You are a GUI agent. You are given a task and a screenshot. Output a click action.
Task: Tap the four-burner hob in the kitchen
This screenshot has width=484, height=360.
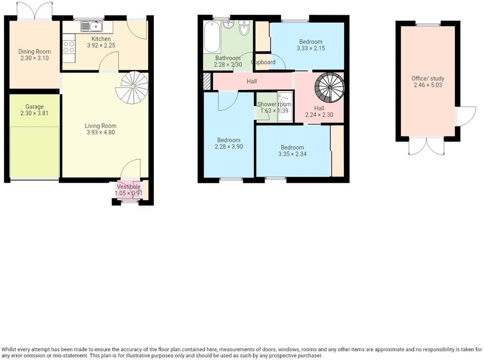[69, 47]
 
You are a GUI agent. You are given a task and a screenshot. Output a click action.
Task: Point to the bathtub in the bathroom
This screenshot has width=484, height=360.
[212, 37]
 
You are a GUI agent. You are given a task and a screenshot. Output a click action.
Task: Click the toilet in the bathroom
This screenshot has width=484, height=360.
[244, 30]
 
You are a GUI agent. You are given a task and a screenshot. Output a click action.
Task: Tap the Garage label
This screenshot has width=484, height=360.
[34, 107]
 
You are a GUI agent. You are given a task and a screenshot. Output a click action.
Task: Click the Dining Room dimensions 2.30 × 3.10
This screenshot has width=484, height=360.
[34, 58]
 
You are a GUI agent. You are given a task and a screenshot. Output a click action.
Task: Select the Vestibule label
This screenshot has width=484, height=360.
[128, 187]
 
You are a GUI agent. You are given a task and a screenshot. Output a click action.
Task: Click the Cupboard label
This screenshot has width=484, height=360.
[263, 62]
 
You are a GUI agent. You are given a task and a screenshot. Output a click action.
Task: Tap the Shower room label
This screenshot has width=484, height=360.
[274, 105]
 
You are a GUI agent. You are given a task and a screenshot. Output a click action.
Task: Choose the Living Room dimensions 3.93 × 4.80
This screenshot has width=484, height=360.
[101, 133]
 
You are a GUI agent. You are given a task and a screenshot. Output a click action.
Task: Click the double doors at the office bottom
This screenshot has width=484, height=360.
[426, 146]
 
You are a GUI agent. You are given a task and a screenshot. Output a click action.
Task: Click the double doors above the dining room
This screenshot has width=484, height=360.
[34, 9]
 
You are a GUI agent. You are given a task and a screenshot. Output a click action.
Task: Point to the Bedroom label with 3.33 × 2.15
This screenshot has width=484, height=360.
[310, 42]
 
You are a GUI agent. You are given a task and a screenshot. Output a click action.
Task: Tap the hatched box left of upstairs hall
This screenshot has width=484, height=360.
[207, 81]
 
